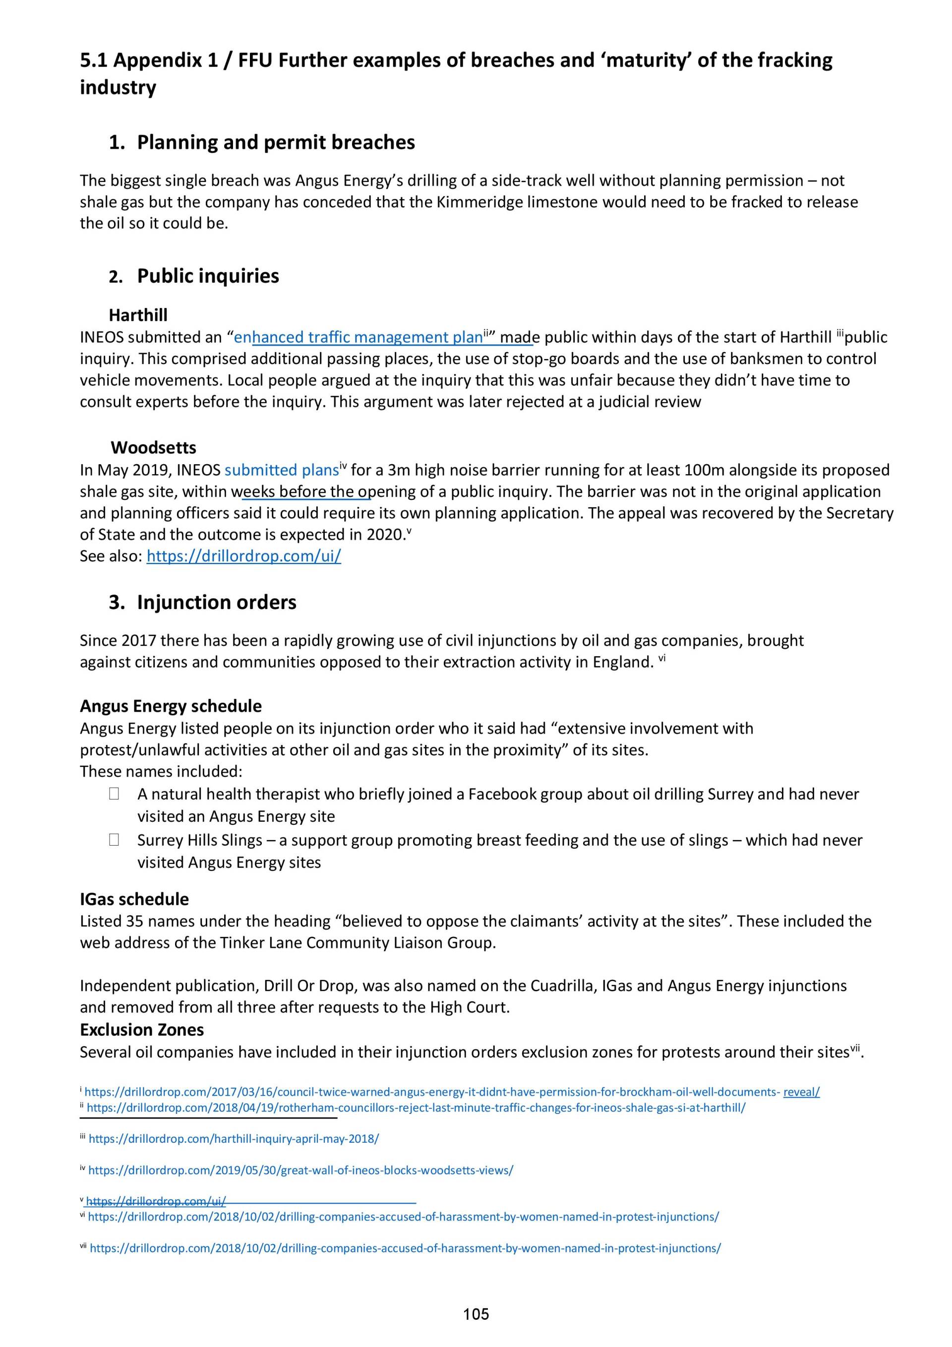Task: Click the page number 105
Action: [476, 1314]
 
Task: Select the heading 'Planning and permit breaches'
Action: [276, 142]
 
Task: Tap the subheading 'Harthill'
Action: [138, 315]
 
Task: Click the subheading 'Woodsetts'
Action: [153, 448]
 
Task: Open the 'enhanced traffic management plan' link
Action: [358, 337]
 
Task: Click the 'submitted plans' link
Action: [282, 470]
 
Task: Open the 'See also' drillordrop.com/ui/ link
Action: [243, 556]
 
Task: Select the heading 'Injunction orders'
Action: [217, 603]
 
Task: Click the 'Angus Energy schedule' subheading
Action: [171, 706]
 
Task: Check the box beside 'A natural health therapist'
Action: [114, 794]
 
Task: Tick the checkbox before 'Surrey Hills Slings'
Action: [114, 840]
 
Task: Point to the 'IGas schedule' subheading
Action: [134, 899]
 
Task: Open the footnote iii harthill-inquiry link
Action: [234, 1139]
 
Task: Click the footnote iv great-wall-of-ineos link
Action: [300, 1170]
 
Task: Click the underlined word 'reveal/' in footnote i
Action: [801, 1092]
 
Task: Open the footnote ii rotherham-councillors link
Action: [416, 1107]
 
